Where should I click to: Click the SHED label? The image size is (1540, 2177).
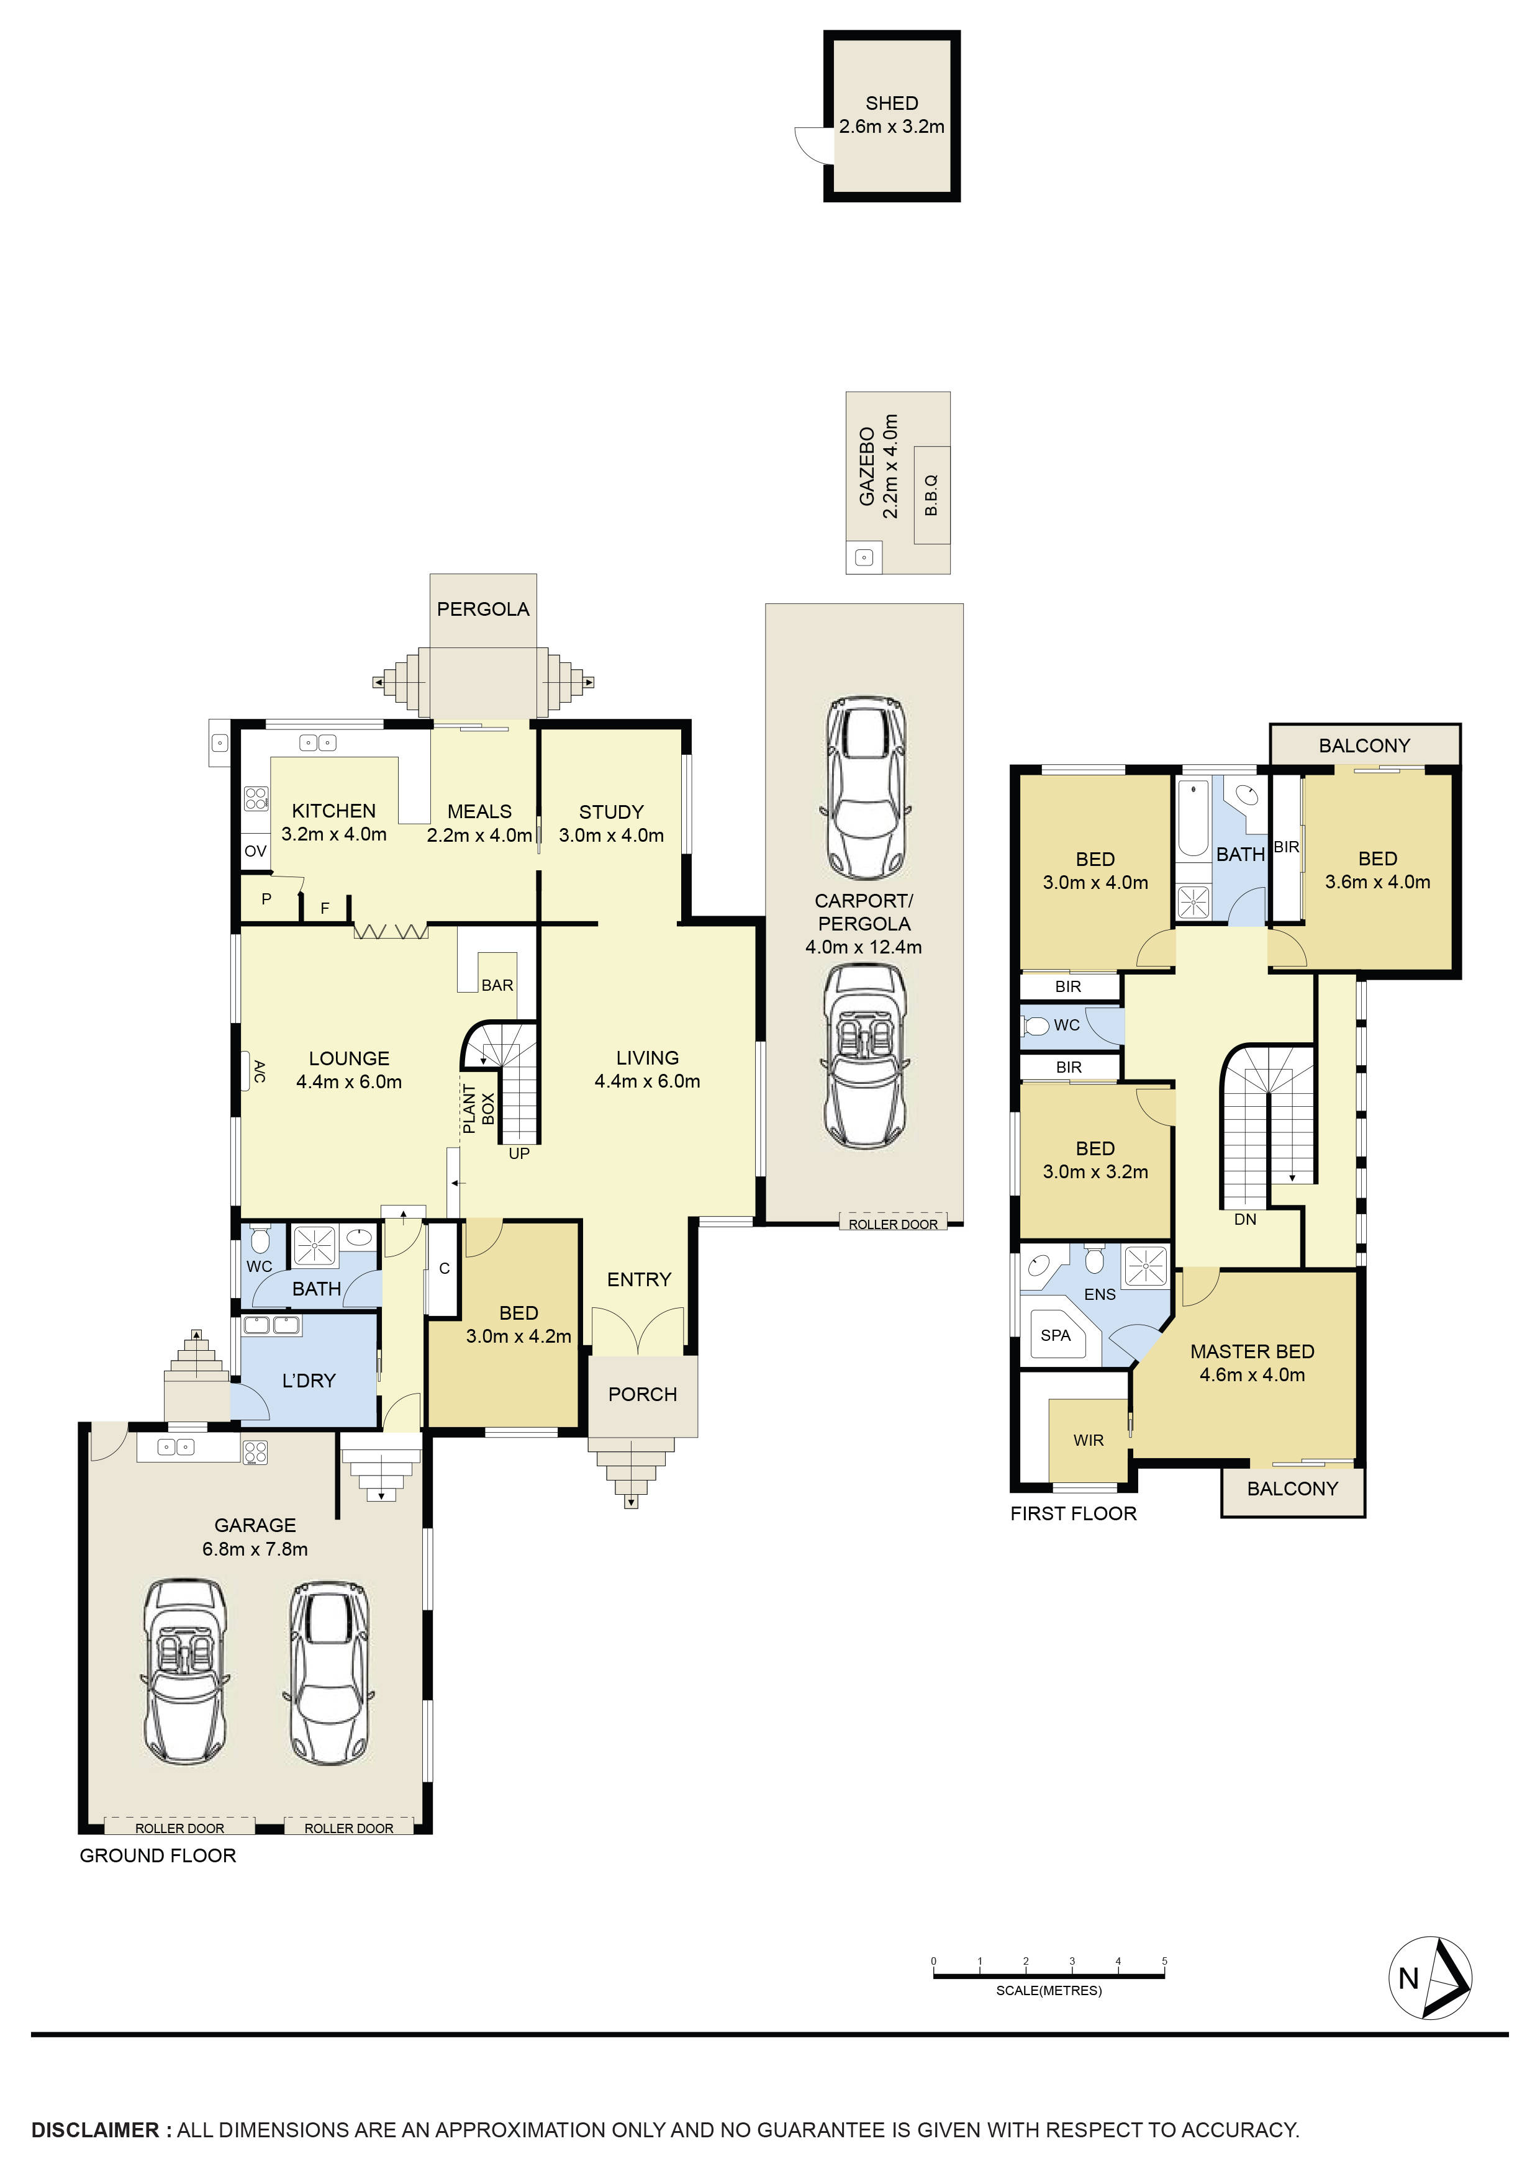[x=891, y=103]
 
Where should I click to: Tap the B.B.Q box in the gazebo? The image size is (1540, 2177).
[x=931, y=495]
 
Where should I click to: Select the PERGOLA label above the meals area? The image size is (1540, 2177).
[x=482, y=610]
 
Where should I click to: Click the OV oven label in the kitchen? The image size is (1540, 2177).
[x=255, y=852]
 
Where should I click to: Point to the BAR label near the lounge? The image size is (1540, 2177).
[x=497, y=985]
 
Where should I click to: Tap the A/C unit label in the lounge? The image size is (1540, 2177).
[x=259, y=1071]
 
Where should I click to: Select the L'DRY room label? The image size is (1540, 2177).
[x=309, y=1381]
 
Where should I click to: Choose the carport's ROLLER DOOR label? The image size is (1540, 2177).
[x=892, y=1224]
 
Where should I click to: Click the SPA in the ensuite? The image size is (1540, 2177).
[x=1056, y=1335]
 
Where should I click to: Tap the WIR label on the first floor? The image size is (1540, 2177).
[x=1089, y=1440]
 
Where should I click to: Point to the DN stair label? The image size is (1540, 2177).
[x=1245, y=1219]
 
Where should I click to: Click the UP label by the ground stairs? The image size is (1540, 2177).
[x=519, y=1154]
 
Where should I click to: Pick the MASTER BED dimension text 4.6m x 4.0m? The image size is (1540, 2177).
[x=1252, y=1375]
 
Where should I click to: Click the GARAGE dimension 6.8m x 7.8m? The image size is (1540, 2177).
[x=254, y=1549]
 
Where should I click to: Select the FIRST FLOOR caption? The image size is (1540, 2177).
[x=1072, y=1513]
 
